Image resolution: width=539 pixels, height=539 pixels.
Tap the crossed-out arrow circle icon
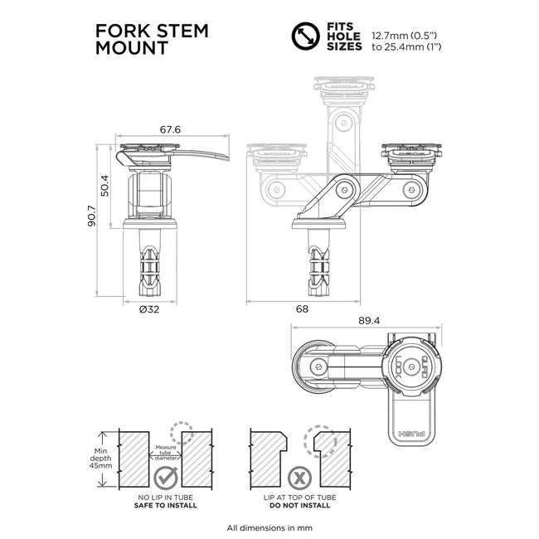pyautogui.click(x=305, y=38)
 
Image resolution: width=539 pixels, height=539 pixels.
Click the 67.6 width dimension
pyautogui.click(x=170, y=129)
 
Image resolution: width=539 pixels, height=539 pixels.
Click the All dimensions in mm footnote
pyautogui.click(x=269, y=527)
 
